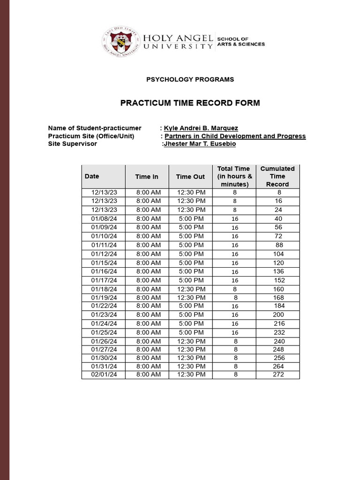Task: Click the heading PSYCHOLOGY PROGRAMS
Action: (x=190, y=79)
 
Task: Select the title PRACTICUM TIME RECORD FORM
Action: (x=190, y=103)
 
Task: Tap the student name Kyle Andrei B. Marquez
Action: (x=201, y=128)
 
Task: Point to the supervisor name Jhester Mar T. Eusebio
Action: (x=200, y=144)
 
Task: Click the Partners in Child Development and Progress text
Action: (x=235, y=136)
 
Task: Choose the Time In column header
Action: (x=147, y=177)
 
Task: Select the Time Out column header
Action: (x=190, y=177)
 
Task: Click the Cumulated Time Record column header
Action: (x=277, y=176)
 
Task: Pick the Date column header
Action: (x=92, y=176)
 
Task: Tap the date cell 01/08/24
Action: (x=104, y=219)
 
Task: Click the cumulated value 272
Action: (x=278, y=375)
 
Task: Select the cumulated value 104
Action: (x=278, y=254)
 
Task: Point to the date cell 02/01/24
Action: (x=104, y=375)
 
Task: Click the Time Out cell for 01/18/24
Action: (x=191, y=289)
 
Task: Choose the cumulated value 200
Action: (x=278, y=315)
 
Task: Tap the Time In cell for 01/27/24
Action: (x=149, y=349)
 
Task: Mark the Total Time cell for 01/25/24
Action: (x=235, y=332)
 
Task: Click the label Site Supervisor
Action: (x=72, y=144)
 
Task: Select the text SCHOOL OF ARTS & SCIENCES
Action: (x=241, y=41)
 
